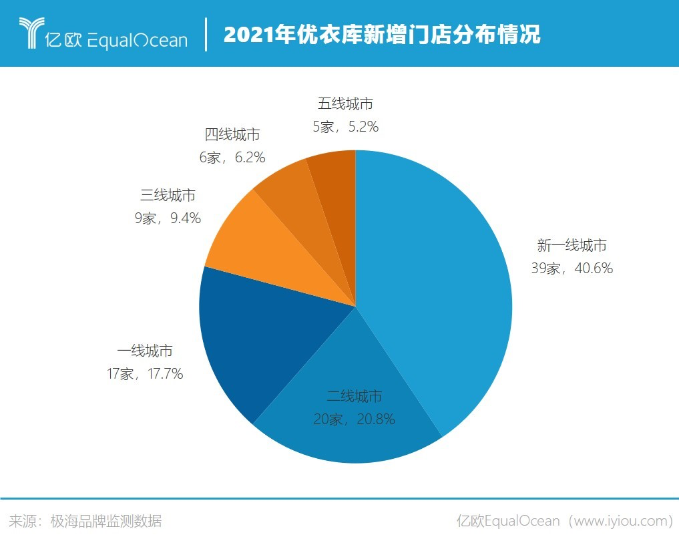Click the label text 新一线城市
(572, 246)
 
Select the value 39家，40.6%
(572, 268)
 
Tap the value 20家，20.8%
(354, 419)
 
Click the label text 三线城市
(168, 195)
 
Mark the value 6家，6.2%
(232, 157)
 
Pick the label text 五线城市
(345, 104)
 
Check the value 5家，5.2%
(345, 126)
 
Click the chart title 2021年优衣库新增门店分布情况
(382, 35)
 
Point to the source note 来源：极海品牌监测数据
(85, 521)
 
